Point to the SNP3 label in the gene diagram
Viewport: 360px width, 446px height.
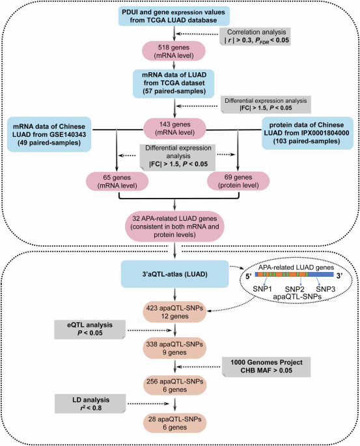click(326, 289)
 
